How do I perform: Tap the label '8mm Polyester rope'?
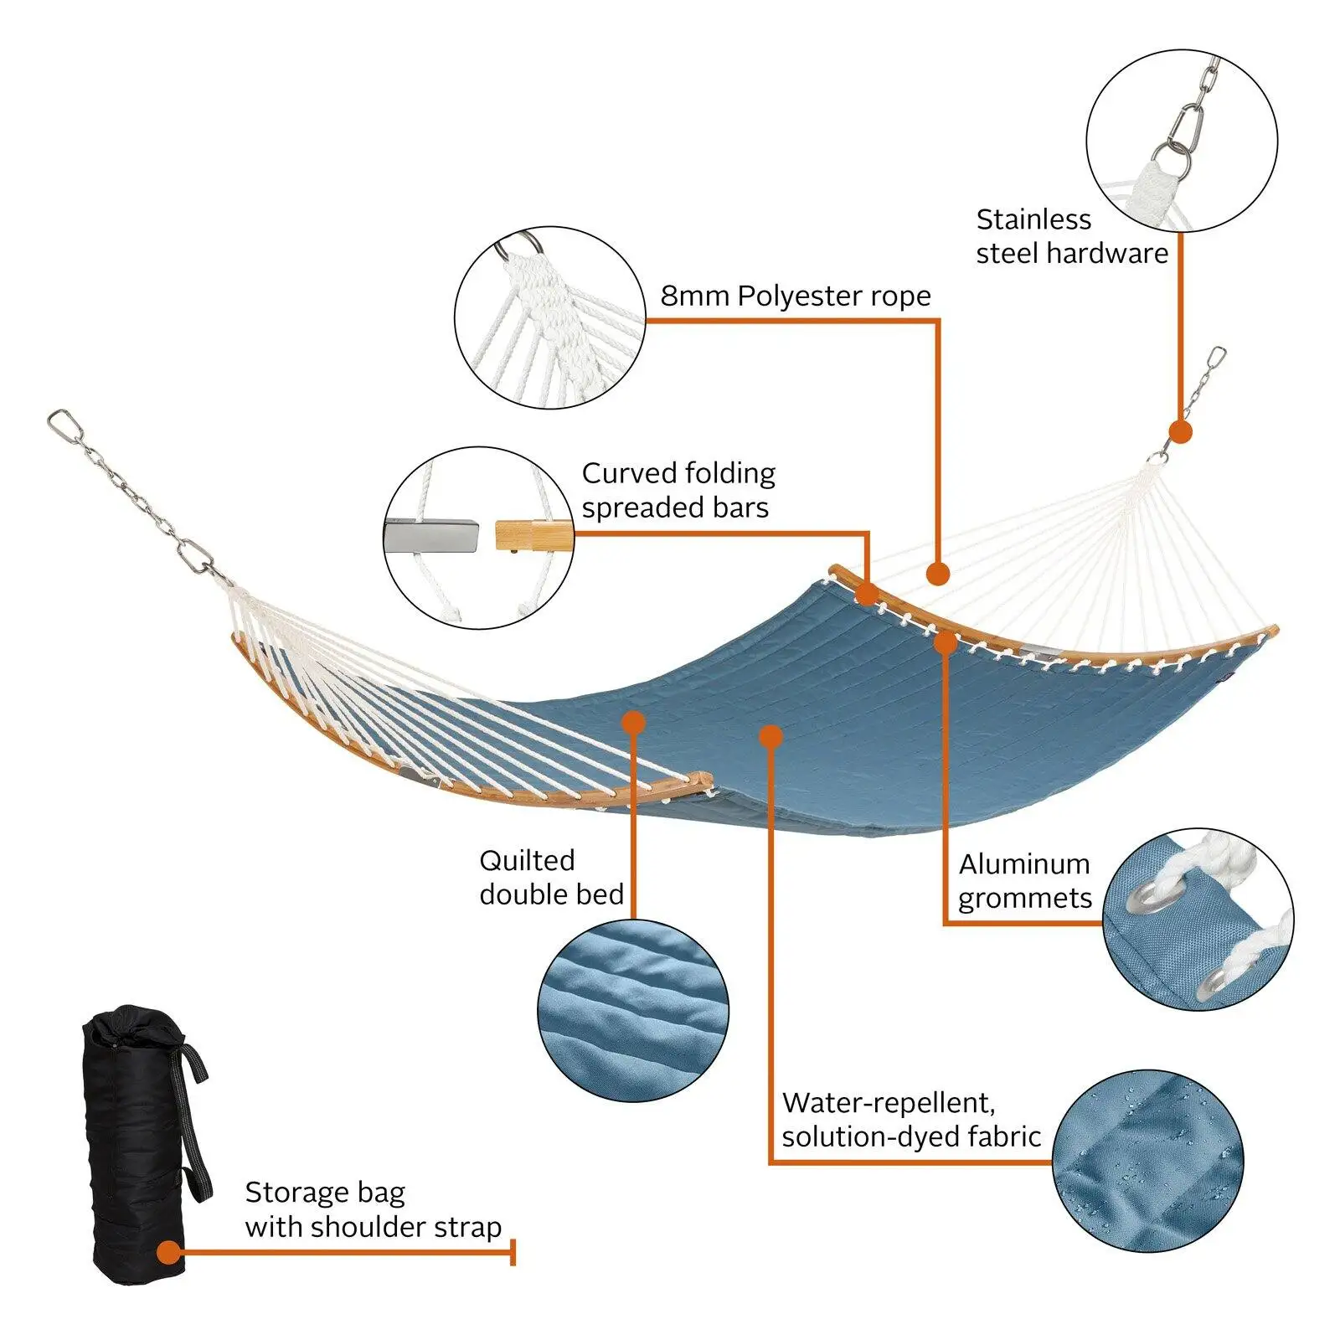tap(795, 296)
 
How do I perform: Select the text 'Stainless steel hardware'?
tap(1071, 236)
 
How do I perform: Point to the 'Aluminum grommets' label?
tap(1025, 880)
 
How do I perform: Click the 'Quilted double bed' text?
tap(551, 877)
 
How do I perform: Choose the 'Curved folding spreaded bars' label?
tap(678, 490)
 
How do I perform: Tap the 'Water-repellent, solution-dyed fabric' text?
tap(910, 1119)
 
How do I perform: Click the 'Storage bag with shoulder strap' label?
tap(373, 1209)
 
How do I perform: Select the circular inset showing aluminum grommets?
tap(1198, 919)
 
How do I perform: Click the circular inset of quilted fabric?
tap(632, 1011)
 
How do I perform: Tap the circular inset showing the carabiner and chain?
tap(1182, 141)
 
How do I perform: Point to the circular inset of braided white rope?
tap(549, 317)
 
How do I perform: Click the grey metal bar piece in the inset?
tap(431, 536)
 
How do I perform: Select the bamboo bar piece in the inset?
tap(533, 535)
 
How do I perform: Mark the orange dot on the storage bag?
tap(169, 1253)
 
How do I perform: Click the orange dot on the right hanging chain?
tap(1180, 432)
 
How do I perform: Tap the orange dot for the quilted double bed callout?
tap(633, 722)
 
